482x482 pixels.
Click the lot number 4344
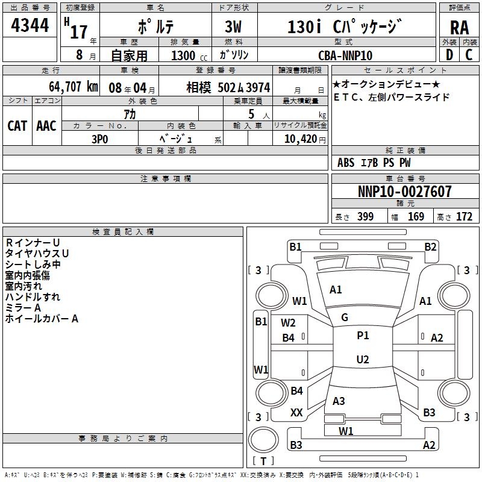click(x=30, y=26)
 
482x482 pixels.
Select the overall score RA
click(x=459, y=28)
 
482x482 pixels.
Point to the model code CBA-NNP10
click(x=345, y=55)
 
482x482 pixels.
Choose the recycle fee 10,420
click(x=299, y=139)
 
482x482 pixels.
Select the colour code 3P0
click(x=99, y=139)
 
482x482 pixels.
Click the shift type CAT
click(x=17, y=125)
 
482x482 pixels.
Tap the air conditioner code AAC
click(x=46, y=125)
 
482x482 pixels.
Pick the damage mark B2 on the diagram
click(x=430, y=246)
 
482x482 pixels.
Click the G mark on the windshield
click(x=345, y=317)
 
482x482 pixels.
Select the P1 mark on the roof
click(x=363, y=336)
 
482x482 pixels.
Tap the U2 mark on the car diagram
click(x=362, y=360)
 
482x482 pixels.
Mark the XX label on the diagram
click(x=296, y=413)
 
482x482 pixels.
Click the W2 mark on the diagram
click(x=288, y=323)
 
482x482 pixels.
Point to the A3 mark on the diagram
click(x=339, y=401)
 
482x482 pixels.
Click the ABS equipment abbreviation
click(x=346, y=163)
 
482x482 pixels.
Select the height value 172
click(x=464, y=217)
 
